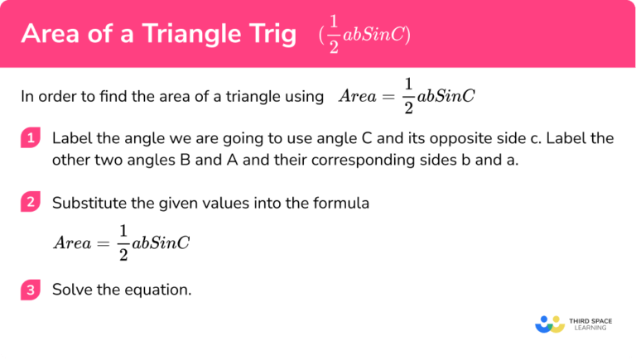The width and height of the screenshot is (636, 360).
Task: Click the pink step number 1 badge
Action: [x=30, y=139]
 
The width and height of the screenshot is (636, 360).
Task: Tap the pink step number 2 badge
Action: [x=30, y=202]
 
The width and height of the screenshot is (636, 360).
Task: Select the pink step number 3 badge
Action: [x=30, y=290]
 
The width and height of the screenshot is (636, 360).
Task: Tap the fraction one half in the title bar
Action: [x=334, y=35]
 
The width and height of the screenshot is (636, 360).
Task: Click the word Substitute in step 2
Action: [x=85, y=202]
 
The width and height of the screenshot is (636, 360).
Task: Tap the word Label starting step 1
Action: [x=71, y=139]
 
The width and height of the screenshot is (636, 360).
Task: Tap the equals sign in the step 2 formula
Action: [x=102, y=243]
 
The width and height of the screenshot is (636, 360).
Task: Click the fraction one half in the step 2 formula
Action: [x=123, y=242]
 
